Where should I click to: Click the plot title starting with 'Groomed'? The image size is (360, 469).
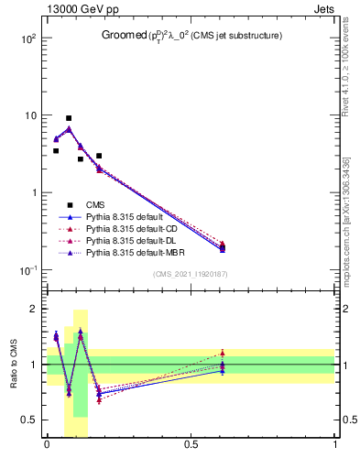tap(191, 36)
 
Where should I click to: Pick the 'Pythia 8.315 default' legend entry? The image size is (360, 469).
tap(124, 217)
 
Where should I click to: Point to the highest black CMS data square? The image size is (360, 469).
tap(69, 118)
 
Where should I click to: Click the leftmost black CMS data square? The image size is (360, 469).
tap(56, 151)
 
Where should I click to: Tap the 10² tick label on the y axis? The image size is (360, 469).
tap(29, 39)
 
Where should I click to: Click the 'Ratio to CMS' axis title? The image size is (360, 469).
tap(14, 364)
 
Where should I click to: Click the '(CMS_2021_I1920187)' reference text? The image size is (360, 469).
tap(191, 274)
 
